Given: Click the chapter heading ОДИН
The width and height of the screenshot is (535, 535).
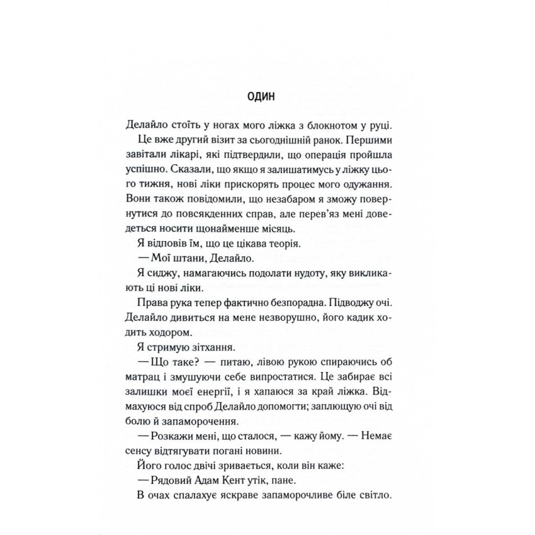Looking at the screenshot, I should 268,96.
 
